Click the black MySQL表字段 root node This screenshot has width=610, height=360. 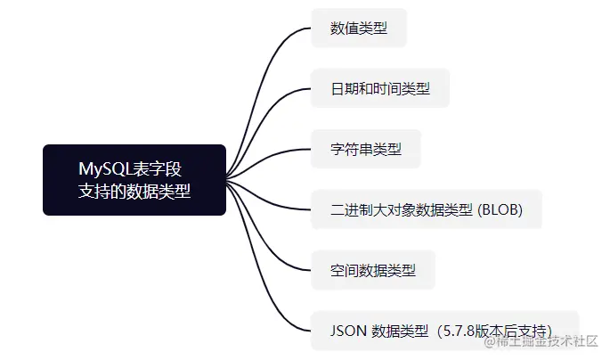click(134, 179)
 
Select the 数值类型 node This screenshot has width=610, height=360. click(359, 29)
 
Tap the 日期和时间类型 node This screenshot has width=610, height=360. click(380, 89)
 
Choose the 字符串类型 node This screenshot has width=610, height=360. click(365, 149)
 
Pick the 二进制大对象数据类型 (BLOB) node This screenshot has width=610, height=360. click(426, 209)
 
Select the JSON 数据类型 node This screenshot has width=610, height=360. click(444, 330)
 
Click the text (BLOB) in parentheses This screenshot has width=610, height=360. click(500, 209)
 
